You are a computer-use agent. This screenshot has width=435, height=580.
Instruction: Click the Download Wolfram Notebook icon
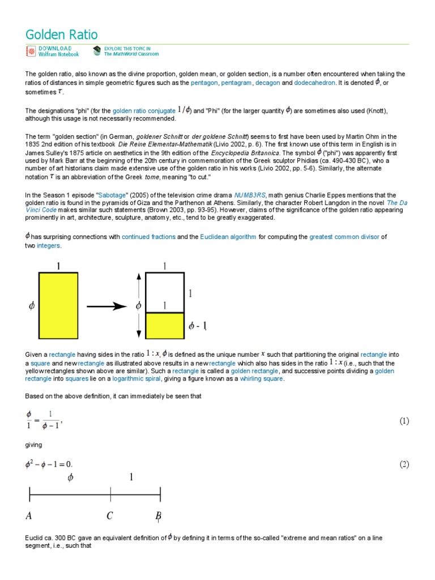30,52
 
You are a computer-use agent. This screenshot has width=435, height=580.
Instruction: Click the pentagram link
236,83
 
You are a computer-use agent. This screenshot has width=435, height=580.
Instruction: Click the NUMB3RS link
250,195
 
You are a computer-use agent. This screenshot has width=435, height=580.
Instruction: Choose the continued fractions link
148,237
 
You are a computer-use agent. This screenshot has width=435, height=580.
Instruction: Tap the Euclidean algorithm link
227,237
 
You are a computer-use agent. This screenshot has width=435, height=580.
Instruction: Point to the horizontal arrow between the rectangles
108,306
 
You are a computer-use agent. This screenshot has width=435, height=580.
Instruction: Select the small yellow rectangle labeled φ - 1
165,325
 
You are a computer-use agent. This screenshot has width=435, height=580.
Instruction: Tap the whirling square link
261,379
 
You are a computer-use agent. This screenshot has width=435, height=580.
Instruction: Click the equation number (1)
404,421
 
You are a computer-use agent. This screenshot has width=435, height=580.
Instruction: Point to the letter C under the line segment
110,516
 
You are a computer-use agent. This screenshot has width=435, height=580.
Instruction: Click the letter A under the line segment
28,516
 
